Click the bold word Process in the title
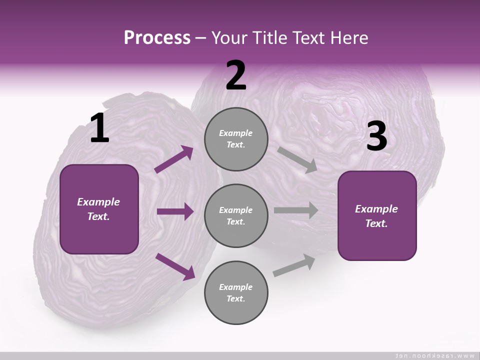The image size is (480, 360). click(157, 37)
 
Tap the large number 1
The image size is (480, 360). click(99, 128)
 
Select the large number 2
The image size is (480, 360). click(236, 75)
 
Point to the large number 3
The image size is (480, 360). click(376, 136)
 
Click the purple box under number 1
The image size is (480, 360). click(99, 209)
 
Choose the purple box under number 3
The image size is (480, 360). click(377, 216)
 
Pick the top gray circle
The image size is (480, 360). click(236, 139)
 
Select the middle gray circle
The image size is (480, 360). click(236, 216)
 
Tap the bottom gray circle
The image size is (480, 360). click(236, 293)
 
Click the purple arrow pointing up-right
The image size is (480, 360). click(174, 159)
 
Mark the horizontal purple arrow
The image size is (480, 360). click(175, 211)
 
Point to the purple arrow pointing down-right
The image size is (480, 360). click(175, 266)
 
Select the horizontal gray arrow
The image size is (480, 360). click(296, 210)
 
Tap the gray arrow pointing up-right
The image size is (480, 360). click(294, 265)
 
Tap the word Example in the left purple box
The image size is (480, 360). click(98, 202)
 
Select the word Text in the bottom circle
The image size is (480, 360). click(235, 299)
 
